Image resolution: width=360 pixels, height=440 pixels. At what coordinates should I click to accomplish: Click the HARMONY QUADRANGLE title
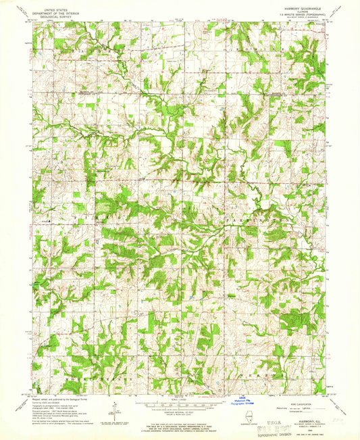tap(294, 7)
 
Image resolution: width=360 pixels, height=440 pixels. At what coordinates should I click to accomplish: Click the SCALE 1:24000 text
tap(180, 399)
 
